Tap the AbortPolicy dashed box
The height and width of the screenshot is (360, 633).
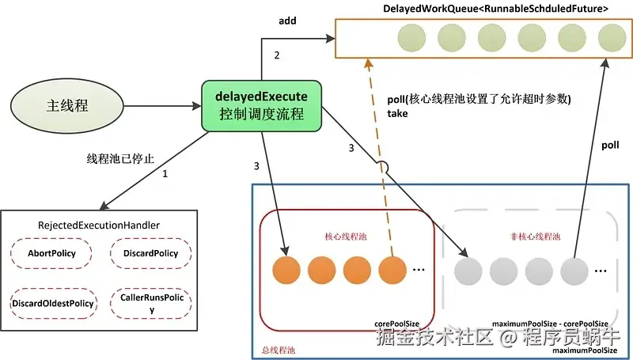tap(46, 253)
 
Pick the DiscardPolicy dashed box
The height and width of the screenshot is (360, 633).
tap(150, 253)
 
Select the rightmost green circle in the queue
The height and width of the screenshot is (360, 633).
tap(612, 37)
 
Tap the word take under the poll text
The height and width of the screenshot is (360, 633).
tap(397, 113)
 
